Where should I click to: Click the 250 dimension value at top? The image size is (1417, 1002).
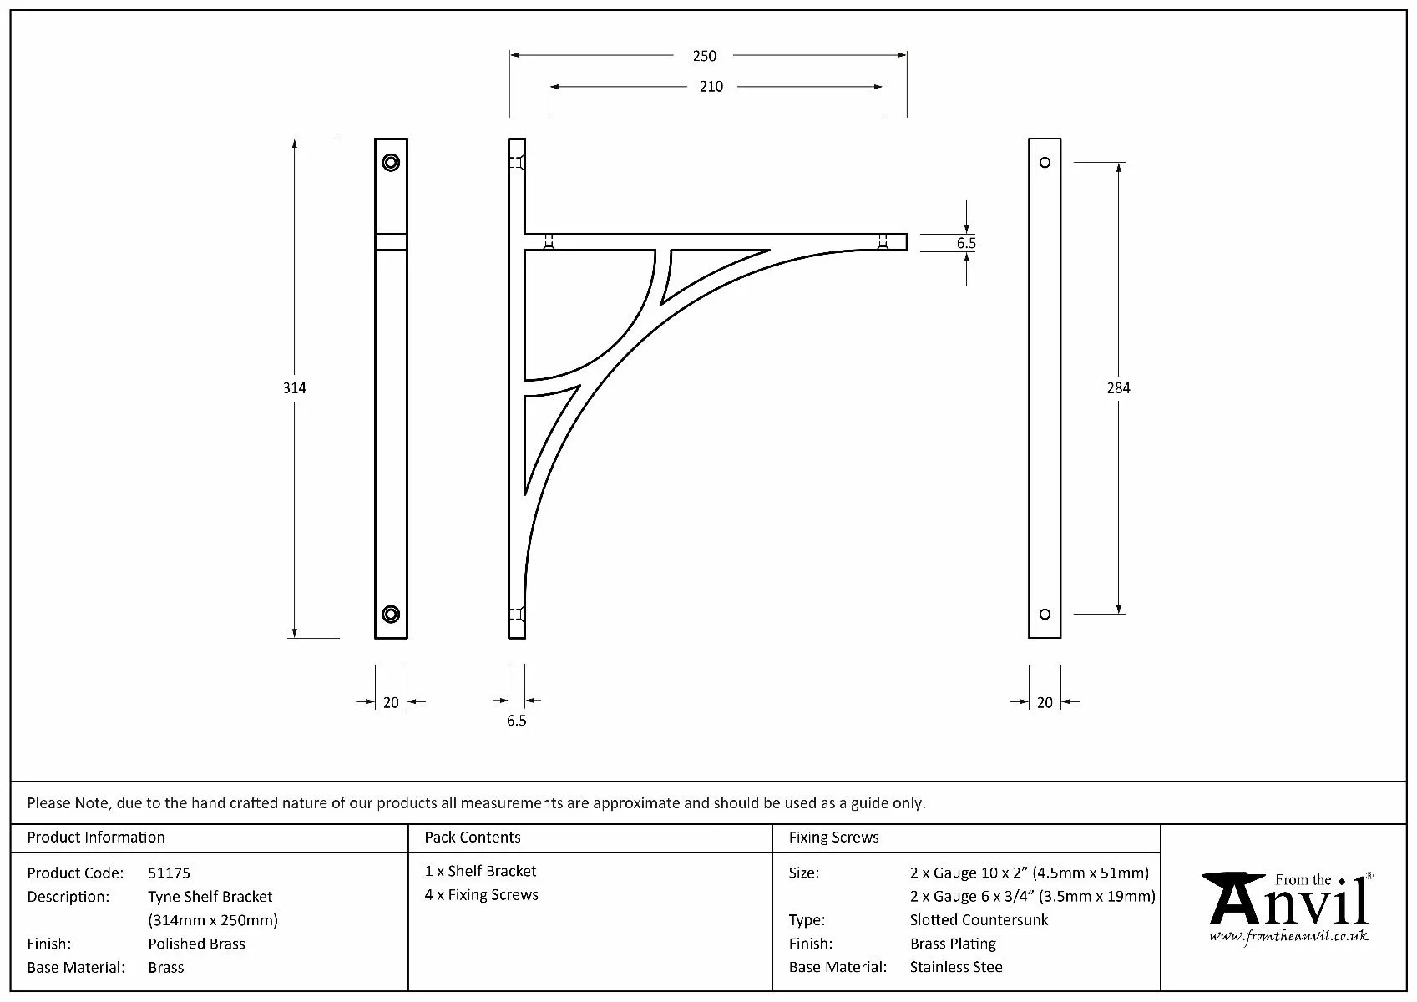pyautogui.click(x=704, y=56)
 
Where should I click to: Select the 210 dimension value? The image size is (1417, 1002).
pyautogui.click(x=711, y=87)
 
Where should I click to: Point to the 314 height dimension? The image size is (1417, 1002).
pyautogui.click(x=295, y=388)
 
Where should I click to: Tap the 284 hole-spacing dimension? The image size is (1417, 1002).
pyautogui.click(x=1118, y=388)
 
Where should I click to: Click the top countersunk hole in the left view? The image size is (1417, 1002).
pyautogui.click(x=391, y=162)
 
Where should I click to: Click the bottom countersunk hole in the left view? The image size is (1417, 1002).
pyautogui.click(x=391, y=615)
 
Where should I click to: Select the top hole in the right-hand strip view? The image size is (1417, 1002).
pyautogui.click(x=1045, y=162)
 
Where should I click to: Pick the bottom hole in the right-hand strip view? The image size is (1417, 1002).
pyautogui.click(x=1045, y=615)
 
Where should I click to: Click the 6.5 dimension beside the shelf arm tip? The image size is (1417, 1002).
pyautogui.click(x=966, y=243)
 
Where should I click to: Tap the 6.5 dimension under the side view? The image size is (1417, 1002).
pyautogui.click(x=516, y=721)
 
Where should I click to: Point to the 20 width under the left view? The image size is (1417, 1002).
pyautogui.click(x=391, y=703)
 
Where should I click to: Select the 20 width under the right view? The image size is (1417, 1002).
pyautogui.click(x=1045, y=703)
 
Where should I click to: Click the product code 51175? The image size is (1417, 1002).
pyautogui.click(x=169, y=873)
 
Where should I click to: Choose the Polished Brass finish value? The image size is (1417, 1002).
pyautogui.click(x=196, y=944)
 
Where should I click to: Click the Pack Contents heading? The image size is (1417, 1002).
pyautogui.click(x=472, y=838)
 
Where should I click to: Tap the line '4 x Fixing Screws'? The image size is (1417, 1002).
pyautogui.click(x=481, y=895)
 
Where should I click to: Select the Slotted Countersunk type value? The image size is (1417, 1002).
pyautogui.click(x=979, y=920)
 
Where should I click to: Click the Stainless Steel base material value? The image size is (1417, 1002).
pyautogui.click(x=958, y=968)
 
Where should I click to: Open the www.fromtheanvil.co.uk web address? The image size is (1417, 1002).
pyautogui.click(x=1288, y=936)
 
